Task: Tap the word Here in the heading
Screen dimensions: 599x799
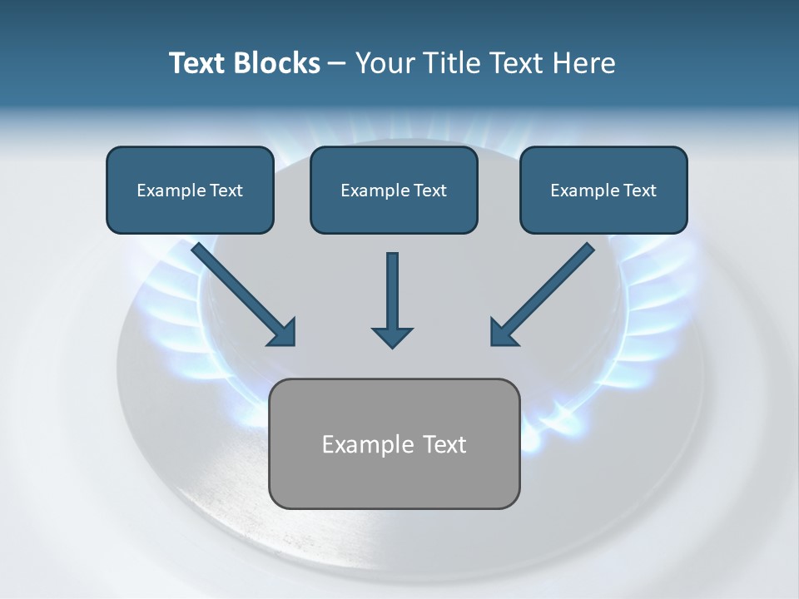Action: click(584, 63)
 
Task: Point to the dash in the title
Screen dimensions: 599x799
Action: click(336, 64)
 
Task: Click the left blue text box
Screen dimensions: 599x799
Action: click(190, 190)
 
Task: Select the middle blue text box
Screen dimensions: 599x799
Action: click(394, 190)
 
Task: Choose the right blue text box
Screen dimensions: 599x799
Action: click(603, 190)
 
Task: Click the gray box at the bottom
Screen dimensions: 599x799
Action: click(394, 443)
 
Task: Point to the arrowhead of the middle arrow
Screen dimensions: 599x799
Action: click(392, 336)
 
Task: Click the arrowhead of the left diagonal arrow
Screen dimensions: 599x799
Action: click(282, 332)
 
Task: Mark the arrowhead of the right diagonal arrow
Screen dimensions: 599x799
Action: click(504, 332)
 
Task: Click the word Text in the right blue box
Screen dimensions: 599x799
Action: click(639, 191)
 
